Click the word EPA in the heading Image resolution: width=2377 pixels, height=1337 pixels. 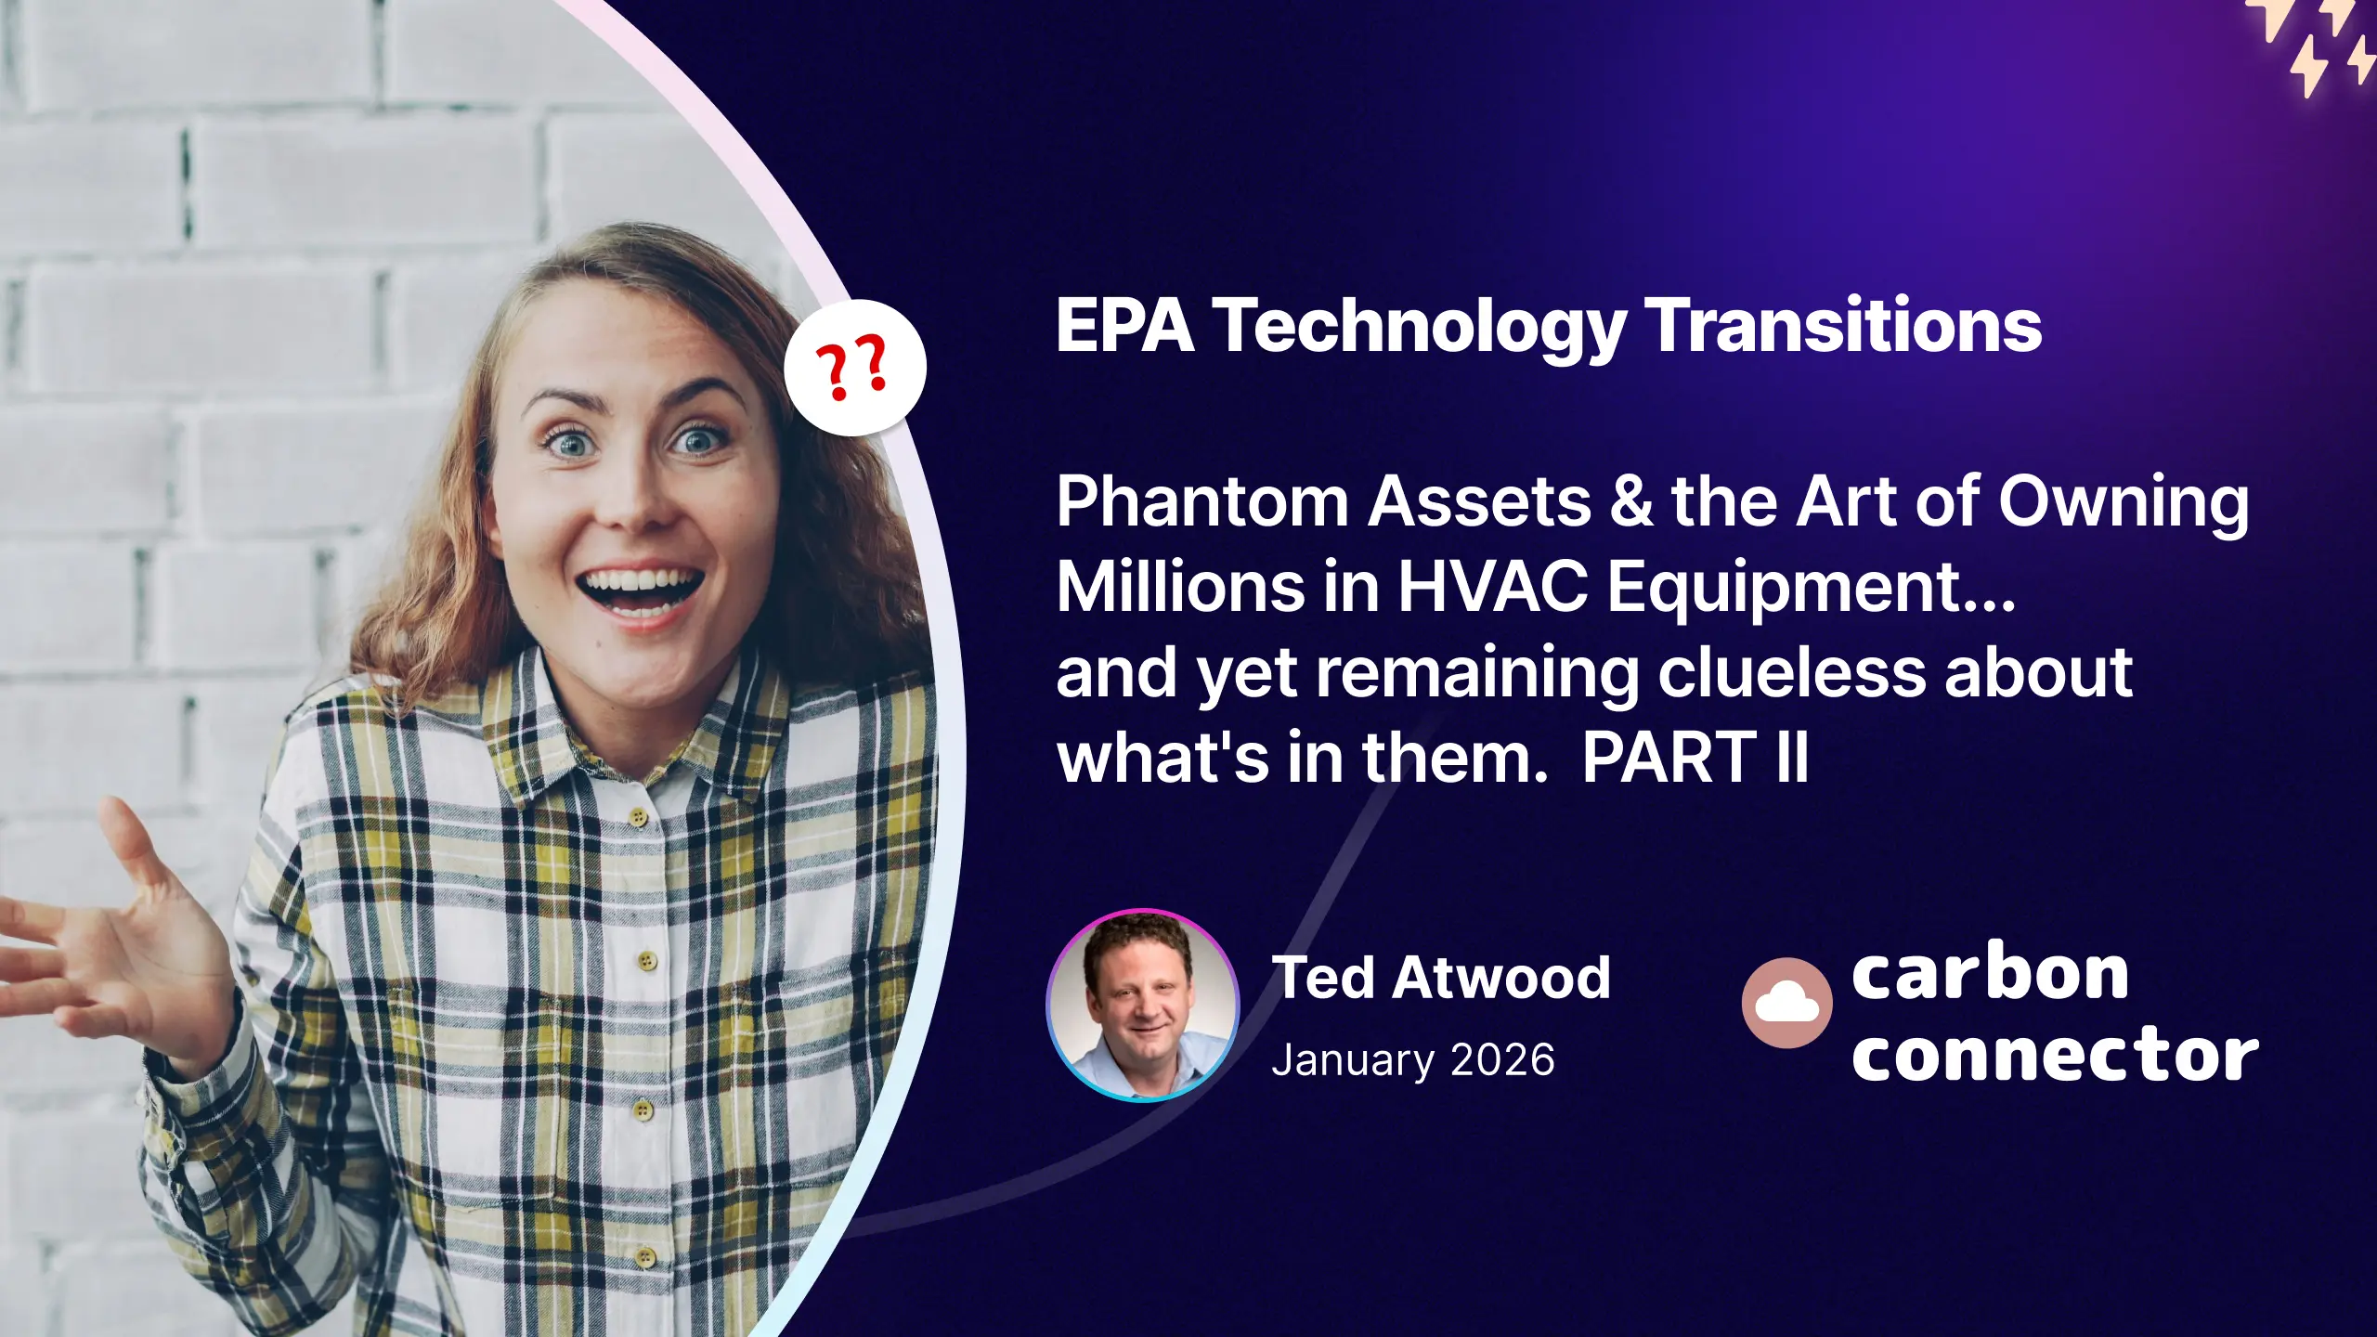click(x=1124, y=326)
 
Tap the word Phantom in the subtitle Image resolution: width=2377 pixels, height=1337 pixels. click(x=1201, y=502)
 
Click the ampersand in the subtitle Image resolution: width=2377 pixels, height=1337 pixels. click(x=1631, y=502)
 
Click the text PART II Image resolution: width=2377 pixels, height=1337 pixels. click(x=1695, y=758)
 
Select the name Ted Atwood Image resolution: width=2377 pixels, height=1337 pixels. click(x=1440, y=978)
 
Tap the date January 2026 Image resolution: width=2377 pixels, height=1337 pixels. click(x=1412, y=1060)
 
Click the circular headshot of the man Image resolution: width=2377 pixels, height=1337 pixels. click(x=1143, y=1006)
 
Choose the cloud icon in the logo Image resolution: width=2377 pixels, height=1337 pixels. click(x=1786, y=1003)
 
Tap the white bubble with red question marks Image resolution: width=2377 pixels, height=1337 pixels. click(x=854, y=368)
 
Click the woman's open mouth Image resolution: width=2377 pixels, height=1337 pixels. click(x=639, y=591)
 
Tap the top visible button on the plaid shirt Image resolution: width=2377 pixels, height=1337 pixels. click(x=637, y=818)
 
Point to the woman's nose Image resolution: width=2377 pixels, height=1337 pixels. click(x=636, y=492)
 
